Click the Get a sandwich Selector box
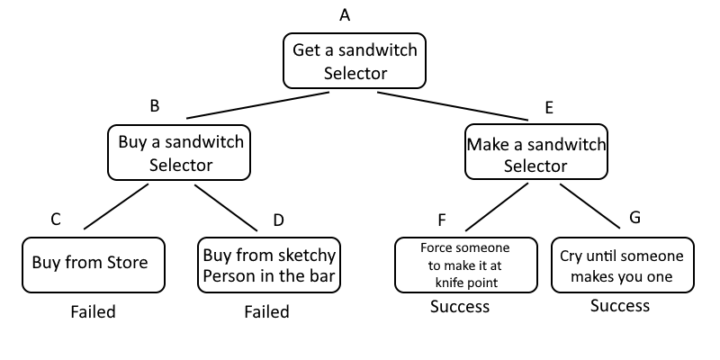point(355,60)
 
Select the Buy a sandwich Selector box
point(180,153)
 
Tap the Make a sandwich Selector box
point(535,154)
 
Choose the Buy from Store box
point(94,264)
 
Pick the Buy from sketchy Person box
point(269,265)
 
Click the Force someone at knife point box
point(465,265)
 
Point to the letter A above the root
point(344,15)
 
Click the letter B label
point(154,105)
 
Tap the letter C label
point(56,219)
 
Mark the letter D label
point(278,220)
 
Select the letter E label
point(549,107)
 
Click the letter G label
point(635,217)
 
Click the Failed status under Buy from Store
point(94,312)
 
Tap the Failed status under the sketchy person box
point(267,312)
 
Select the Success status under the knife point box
point(459,307)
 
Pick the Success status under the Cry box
point(620,306)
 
